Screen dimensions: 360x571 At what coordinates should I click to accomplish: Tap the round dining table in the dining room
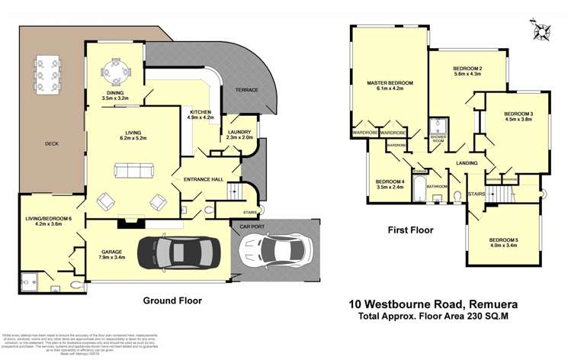coord(117,72)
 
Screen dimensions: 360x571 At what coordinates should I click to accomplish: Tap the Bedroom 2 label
coord(467,70)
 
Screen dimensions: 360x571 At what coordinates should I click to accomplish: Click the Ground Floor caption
coord(172,301)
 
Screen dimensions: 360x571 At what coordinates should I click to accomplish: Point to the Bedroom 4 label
coord(390,183)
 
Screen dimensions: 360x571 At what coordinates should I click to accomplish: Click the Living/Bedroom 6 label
coord(48,222)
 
